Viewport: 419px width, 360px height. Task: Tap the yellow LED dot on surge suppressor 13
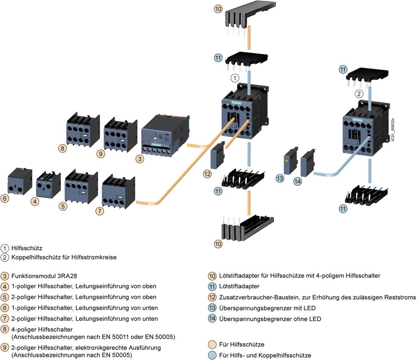[x=286, y=161]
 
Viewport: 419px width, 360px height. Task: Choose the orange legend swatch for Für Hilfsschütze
[x=212, y=344]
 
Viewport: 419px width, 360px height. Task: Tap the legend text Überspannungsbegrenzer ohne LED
[x=270, y=319]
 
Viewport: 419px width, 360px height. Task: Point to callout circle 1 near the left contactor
[x=235, y=78]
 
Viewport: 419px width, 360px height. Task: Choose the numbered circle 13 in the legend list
[x=212, y=308]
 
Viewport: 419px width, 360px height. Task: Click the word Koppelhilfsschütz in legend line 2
[x=34, y=257]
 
